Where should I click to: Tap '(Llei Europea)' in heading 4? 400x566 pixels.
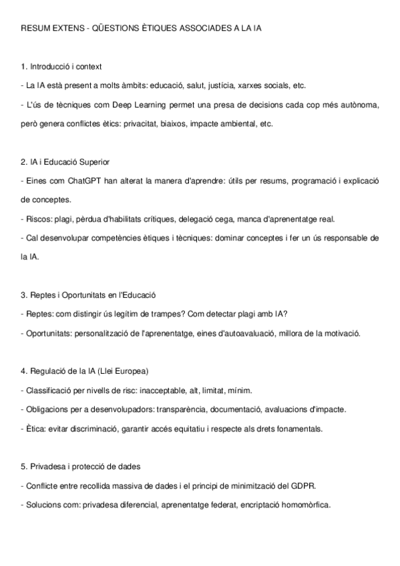pos(124,371)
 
